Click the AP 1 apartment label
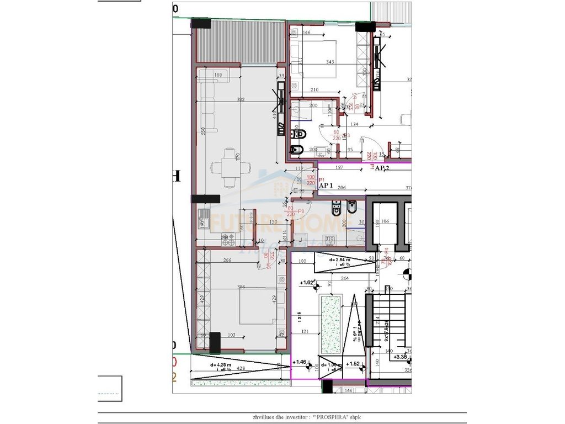[x=326, y=187]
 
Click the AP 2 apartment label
[x=382, y=168]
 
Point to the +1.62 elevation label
[x=307, y=283]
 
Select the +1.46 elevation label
[x=301, y=362]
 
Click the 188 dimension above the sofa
[x=218, y=76]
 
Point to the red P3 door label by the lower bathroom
[x=301, y=211]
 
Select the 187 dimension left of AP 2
[x=340, y=167]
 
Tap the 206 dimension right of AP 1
[x=342, y=188]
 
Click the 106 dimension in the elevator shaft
[x=385, y=221]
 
